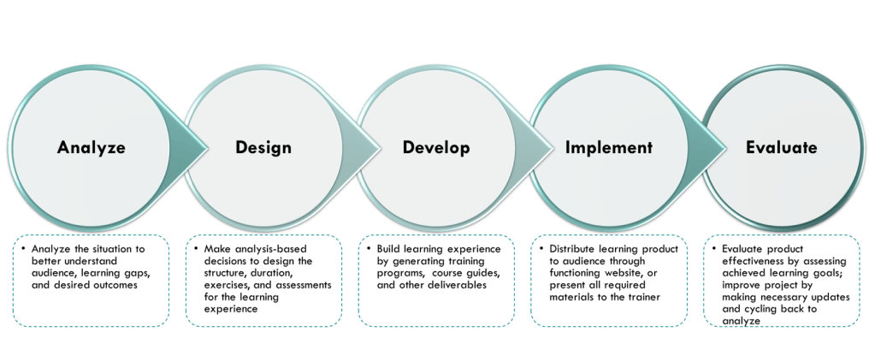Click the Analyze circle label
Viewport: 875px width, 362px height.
tap(92, 148)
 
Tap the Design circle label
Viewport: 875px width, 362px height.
tap(263, 148)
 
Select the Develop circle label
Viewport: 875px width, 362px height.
tap(436, 148)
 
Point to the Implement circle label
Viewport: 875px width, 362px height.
tap(609, 148)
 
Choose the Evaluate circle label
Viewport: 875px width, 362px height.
tap(781, 148)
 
